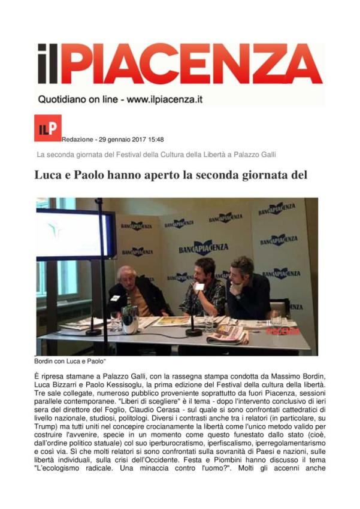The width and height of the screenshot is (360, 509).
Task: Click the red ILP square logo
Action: [47, 128]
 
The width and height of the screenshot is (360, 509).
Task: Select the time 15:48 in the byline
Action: [155, 140]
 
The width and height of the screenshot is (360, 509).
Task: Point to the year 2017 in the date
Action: [134, 140]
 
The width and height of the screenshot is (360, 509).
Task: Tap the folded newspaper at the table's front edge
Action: [228, 334]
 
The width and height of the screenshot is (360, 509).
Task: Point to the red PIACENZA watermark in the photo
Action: [282, 331]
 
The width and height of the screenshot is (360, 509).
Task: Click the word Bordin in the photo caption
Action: [46, 362]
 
